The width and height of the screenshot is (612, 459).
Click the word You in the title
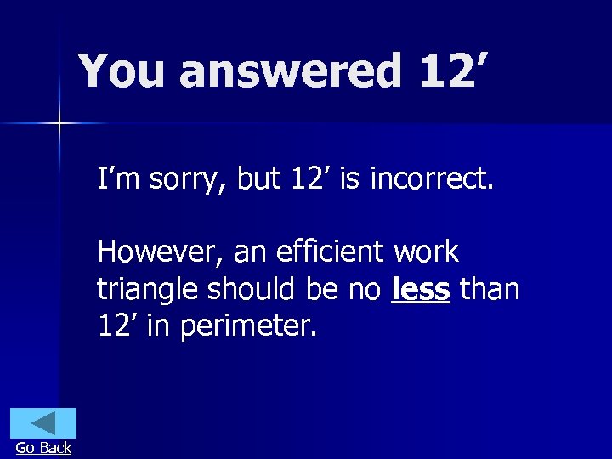coord(121,71)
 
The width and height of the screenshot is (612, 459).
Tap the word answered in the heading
coord(290,71)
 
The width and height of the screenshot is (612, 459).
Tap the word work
coord(427,252)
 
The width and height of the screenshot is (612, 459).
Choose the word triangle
coord(150,290)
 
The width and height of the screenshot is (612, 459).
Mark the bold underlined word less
coord(421,290)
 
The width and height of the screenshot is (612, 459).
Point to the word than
coord(489,290)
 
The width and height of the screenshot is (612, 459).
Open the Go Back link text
coord(43,448)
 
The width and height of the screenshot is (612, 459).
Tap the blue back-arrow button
coord(43,423)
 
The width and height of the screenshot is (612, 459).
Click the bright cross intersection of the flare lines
coord(59,124)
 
